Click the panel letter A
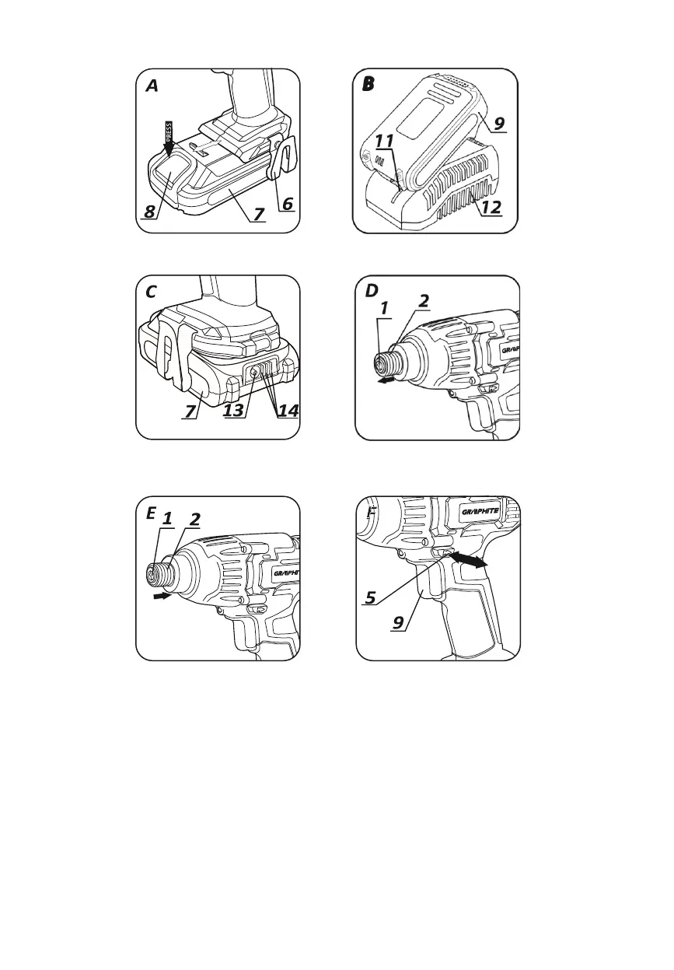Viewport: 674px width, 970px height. [x=152, y=86]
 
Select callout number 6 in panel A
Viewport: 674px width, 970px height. [x=287, y=203]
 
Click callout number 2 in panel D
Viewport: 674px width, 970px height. [x=424, y=300]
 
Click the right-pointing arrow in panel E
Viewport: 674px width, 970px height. [x=162, y=597]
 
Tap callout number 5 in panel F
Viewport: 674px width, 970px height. [x=372, y=598]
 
